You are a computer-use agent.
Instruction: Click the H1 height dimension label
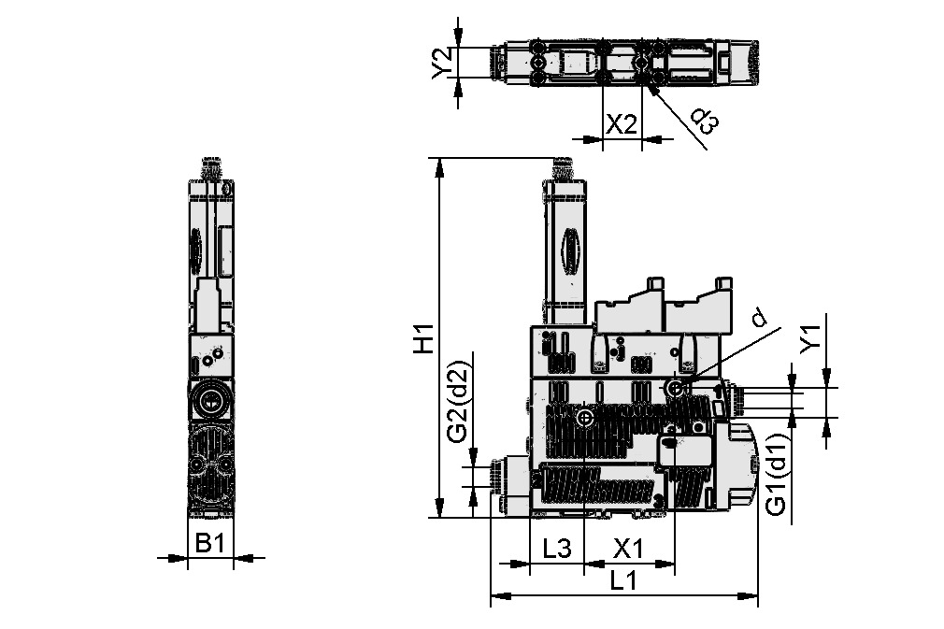tap(425, 338)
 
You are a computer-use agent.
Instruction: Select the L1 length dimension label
tap(623, 580)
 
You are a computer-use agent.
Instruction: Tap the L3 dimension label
tap(556, 549)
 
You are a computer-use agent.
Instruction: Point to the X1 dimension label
tap(628, 549)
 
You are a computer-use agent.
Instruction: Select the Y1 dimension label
tap(809, 338)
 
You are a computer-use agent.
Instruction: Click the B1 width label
tap(208, 542)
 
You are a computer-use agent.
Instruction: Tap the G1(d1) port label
tap(775, 474)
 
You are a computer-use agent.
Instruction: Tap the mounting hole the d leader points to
tap(676, 387)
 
